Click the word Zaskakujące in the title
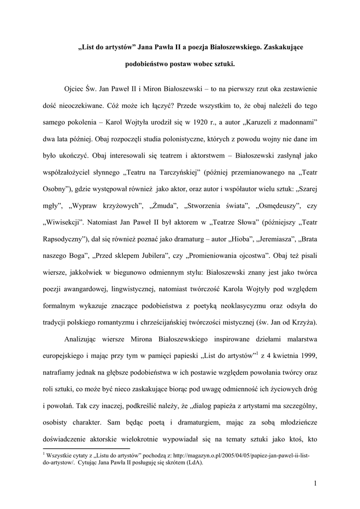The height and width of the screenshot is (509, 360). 283,47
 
